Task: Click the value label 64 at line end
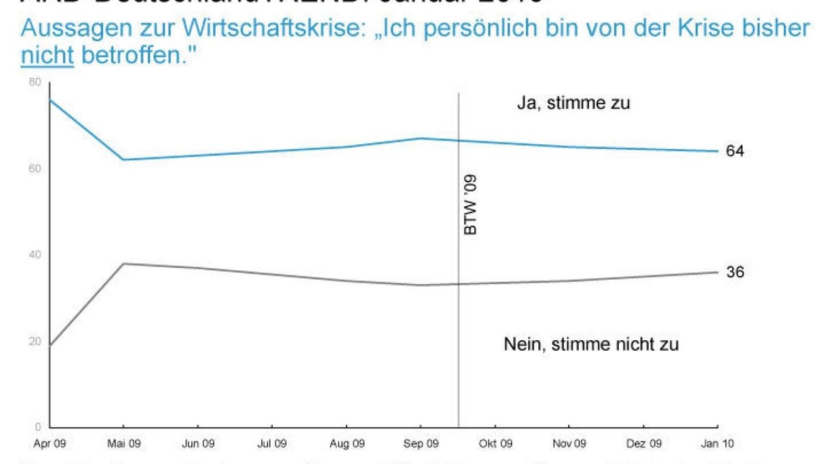pyautogui.click(x=735, y=151)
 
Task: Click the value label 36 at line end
pyautogui.click(x=735, y=272)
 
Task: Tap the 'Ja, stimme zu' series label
pyautogui.click(x=573, y=104)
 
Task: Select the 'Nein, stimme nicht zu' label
pyautogui.click(x=591, y=344)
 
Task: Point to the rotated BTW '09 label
pyautogui.click(x=470, y=205)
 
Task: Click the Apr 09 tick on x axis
pyautogui.click(x=49, y=444)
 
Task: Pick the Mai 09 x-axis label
pyautogui.click(x=124, y=444)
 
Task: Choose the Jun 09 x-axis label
pyautogui.click(x=198, y=444)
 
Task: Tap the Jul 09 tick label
pyautogui.click(x=272, y=444)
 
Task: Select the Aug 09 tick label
pyautogui.click(x=347, y=444)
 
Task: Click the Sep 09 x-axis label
pyautogui.click(x=421, y=444)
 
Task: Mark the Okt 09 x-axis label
pyautogui.click(x=496, y=444)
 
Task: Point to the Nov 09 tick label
pyautogui.click(x=570, y=444)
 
